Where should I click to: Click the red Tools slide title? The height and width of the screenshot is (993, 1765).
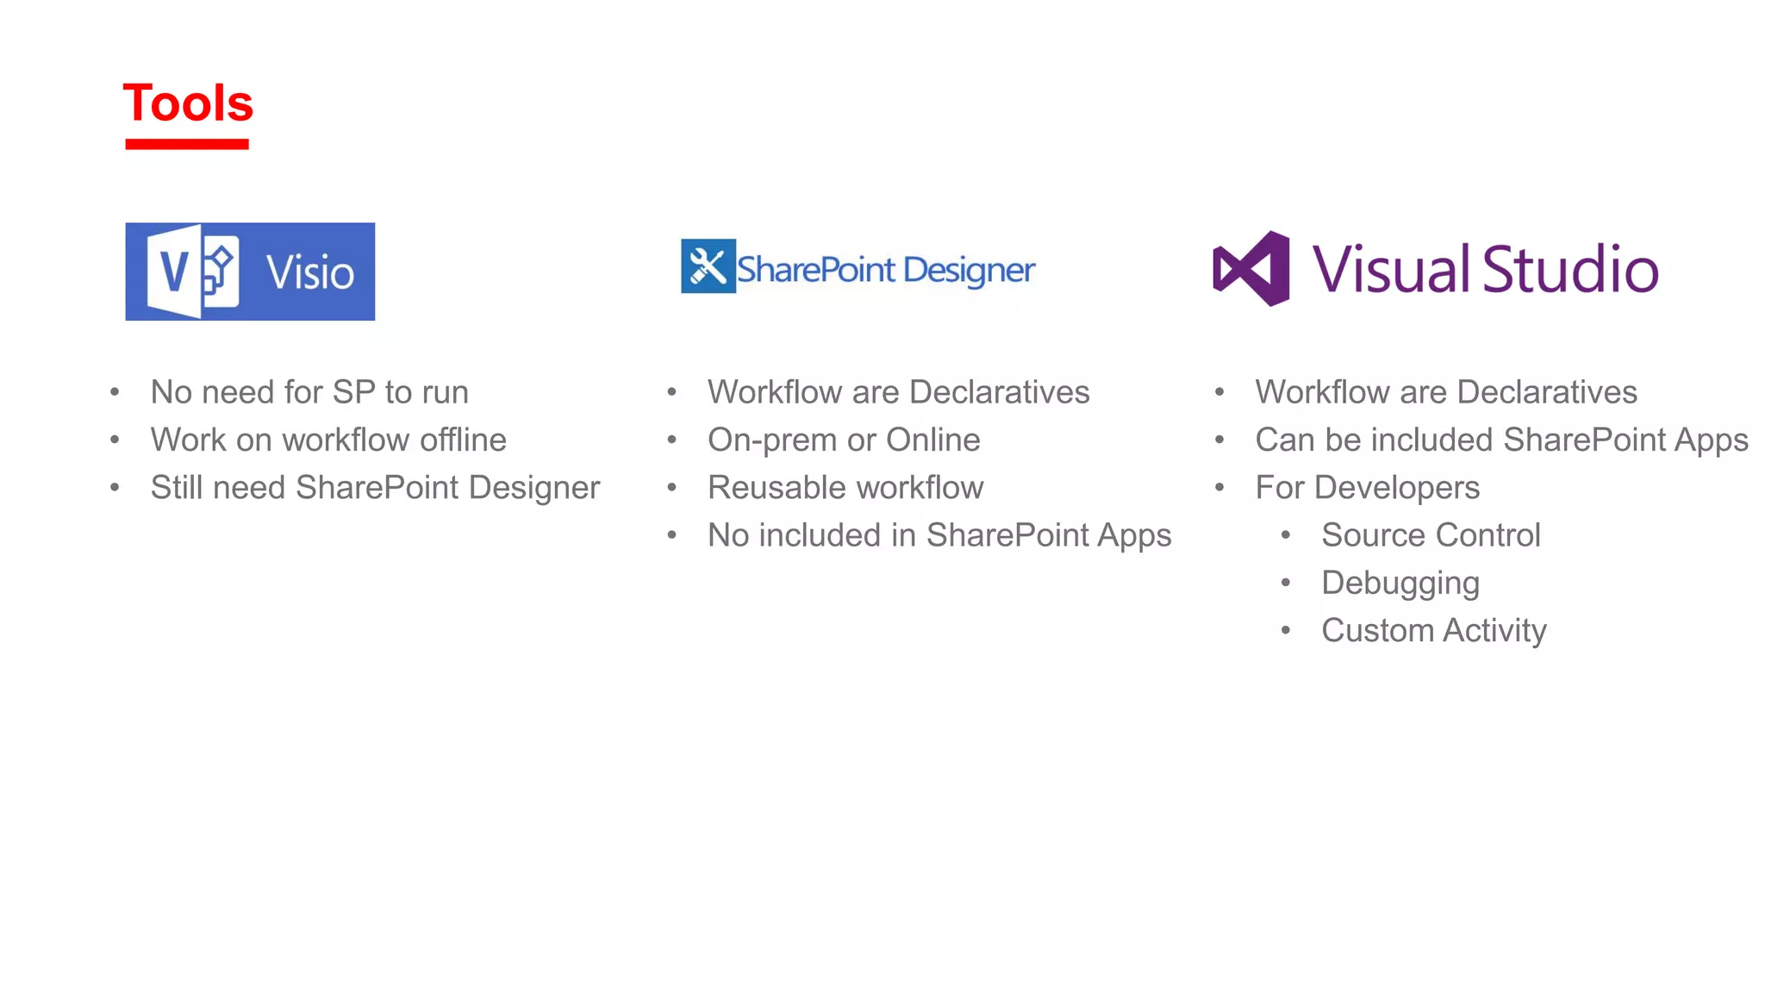click(x=188, y=103)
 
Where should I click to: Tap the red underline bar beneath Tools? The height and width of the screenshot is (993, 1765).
click(x=187, y=144)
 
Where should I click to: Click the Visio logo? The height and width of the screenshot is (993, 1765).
click(x=250, y=272)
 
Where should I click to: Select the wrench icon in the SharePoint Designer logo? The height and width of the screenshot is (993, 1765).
click(x=708, y=266)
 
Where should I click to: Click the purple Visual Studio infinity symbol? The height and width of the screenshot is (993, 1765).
click(x=1251, y=269)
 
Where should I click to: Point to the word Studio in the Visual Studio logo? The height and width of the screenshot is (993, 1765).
click(x=1570, y=269)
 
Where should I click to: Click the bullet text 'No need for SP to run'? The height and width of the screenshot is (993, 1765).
click(x=309, y=392)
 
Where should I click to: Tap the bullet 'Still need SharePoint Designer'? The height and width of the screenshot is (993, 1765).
click(x=375, y=488)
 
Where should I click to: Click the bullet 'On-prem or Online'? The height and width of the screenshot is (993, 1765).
click(x=844, y=440)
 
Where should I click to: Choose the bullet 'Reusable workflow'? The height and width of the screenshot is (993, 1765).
click(x=845, y=488)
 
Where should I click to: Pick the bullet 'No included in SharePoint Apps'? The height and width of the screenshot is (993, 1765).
click(x=939, y=535)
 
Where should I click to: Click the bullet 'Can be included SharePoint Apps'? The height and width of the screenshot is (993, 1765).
click(x=1501, y=440)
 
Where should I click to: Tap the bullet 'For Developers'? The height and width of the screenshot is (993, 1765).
click(x=1368, y=488)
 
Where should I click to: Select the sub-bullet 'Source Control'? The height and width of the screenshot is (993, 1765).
click(x=1431, y=535)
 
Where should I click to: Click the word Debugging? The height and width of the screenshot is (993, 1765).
click(x=1400, y=584)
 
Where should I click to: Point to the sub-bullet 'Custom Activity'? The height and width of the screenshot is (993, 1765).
click(x=1434, y=631)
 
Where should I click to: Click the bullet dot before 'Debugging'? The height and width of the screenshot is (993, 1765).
click(x=1286, y=584)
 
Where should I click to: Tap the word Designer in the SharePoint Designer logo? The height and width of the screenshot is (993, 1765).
click(x=969, y=271)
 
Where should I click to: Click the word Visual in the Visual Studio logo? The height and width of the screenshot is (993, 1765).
click(x=1390, y=269)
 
